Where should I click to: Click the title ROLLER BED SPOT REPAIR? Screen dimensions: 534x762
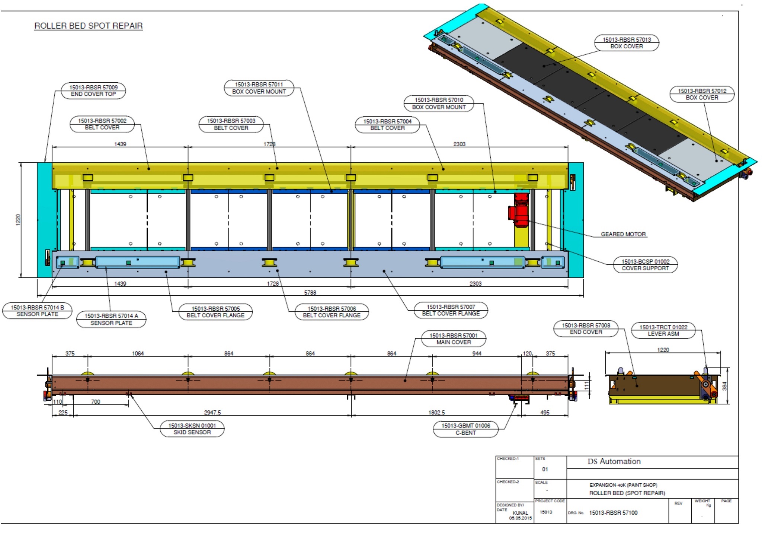coord(88,26)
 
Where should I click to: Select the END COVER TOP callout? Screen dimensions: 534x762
coord(93,90)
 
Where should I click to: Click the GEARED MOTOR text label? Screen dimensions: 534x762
coord(623,234)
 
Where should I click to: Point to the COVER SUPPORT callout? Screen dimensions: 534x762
coord(645,265)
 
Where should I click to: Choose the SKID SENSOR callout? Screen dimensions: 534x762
coord(192,429)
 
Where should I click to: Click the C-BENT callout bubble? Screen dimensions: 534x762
coord(465,429)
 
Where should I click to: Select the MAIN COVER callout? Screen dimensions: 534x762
coord(454,339)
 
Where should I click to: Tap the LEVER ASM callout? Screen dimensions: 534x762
coord(663,330)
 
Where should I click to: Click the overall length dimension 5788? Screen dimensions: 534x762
coord(310,293)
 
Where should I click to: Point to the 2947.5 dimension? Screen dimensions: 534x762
coord(212,412)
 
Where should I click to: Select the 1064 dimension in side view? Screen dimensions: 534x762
coord(138,353)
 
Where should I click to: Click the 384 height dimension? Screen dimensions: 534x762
coord(724,386)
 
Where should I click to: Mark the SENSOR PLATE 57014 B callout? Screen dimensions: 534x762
coord(37,311)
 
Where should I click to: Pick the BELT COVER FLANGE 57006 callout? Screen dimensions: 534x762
coord(332,312)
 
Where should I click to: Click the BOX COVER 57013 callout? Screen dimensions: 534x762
coord(627,43)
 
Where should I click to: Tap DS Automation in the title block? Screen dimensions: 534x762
coord(614,461)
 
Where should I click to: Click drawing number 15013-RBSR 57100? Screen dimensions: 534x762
coord(613,513)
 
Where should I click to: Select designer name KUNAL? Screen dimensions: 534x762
coord(520,513)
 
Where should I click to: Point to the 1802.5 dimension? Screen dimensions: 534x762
coord(436,412)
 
